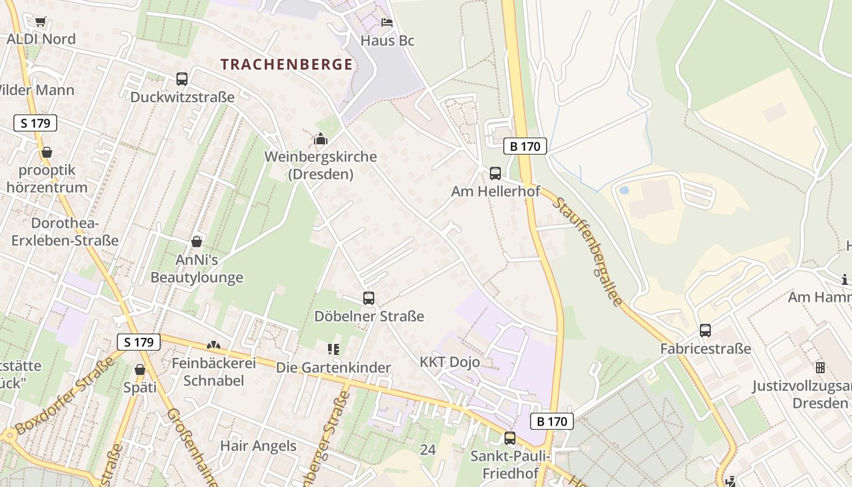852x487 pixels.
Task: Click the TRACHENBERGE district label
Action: coord(286,65)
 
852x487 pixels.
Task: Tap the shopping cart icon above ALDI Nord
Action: coord(40,22)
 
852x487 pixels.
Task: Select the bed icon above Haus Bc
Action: coord(387,23)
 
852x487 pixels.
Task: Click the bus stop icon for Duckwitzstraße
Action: coord(182,79)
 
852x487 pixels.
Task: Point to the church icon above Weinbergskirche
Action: coord(320,139)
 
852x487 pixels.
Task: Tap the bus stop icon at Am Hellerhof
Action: coord(495,173)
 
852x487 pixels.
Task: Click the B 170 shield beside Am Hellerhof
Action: coord(525,146)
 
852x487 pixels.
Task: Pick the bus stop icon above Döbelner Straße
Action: coord(369,298)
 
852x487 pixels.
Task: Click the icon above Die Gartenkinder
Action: coord(333,349)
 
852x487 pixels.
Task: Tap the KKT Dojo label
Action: coord(450,362)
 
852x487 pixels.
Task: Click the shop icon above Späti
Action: coord(140,370)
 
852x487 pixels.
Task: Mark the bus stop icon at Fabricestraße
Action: coord(705,331)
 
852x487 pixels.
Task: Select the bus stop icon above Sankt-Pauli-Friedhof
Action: coord(510,438)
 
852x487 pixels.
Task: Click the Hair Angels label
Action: coord(258,446)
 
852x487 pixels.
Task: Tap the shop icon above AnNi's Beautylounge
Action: coord(197,242)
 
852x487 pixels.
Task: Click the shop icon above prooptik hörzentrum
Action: coord(47,152)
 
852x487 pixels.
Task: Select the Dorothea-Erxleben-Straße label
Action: coord(65,231)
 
